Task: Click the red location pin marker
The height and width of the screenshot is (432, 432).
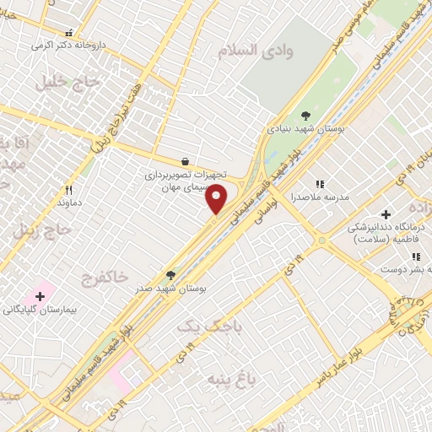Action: click(217, 199)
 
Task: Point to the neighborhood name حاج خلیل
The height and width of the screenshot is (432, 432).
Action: click(68, 83)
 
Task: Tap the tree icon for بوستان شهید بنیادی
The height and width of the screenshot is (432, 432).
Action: click(305, 116)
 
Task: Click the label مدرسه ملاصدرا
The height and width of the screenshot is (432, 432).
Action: click(320, 196)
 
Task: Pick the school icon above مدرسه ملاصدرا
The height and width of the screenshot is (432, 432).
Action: click(320, 183)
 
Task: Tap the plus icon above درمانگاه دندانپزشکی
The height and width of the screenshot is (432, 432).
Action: click(386, 214)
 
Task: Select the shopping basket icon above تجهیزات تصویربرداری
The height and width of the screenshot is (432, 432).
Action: click(185, 160)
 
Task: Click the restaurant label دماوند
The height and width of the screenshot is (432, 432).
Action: click(67, 203)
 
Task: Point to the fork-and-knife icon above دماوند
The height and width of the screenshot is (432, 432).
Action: click(69, 190)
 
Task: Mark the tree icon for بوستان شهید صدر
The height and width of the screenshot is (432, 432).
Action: click(171, 274)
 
